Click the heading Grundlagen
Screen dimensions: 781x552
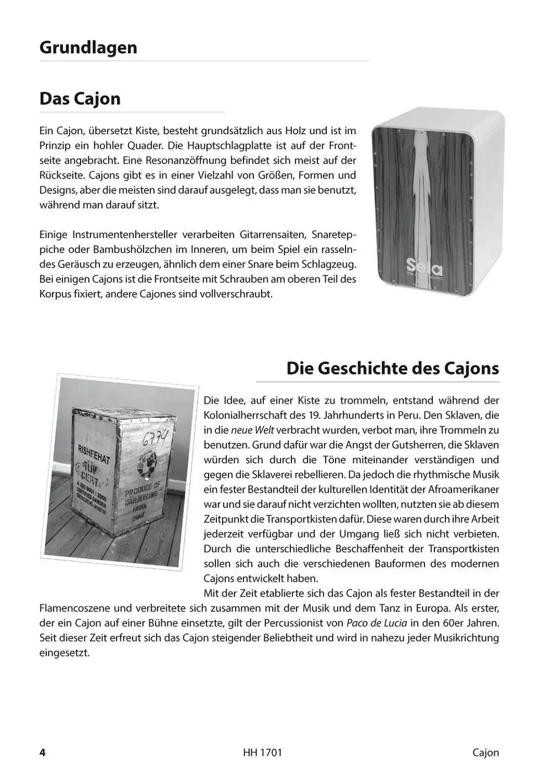coord(88,48)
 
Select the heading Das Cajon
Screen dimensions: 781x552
coord(79,99)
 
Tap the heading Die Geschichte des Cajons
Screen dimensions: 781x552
coord(392,368)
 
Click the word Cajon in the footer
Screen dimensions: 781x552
coord(485,753)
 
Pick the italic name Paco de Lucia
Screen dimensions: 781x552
coord(376,623)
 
